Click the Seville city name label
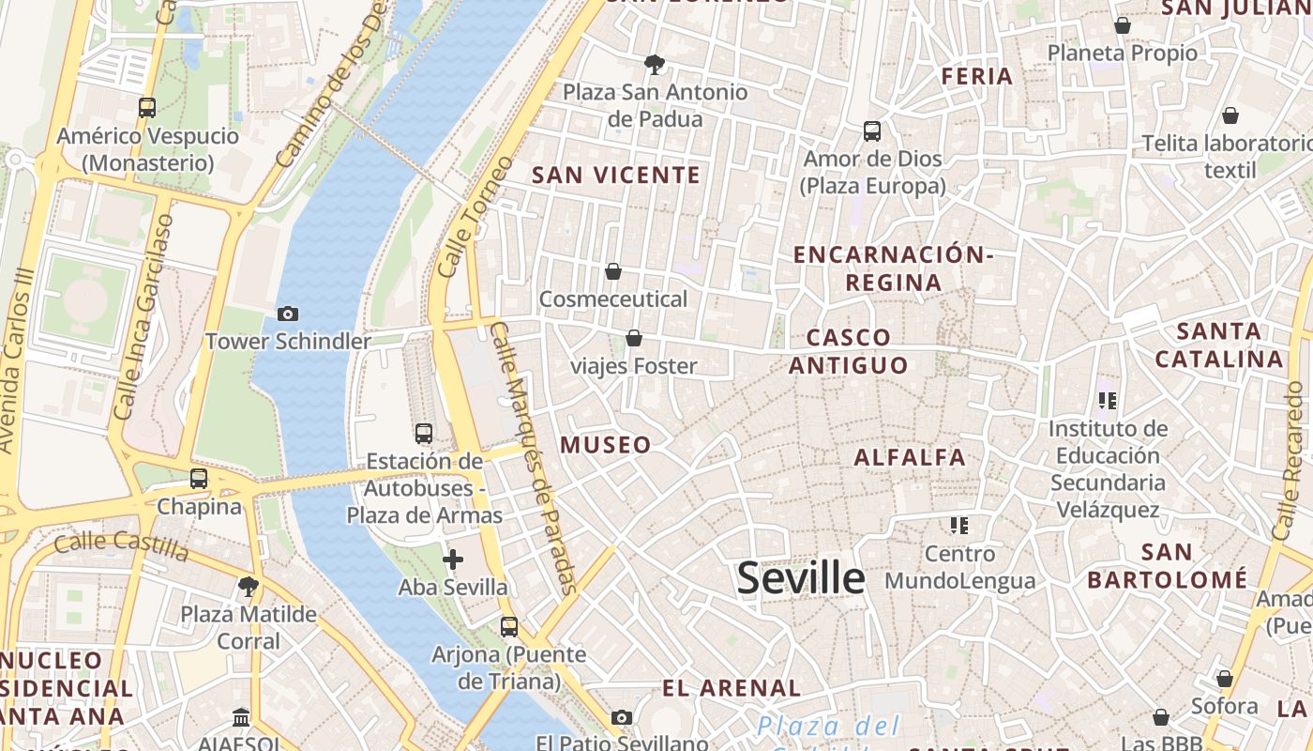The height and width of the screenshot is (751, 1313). pos(800,577)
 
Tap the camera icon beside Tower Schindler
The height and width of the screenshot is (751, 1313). pos(288,314)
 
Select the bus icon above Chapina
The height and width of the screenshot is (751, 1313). pos(199,478)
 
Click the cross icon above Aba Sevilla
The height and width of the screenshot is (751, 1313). pos(453,559)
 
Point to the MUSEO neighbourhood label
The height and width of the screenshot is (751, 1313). pos(606,445)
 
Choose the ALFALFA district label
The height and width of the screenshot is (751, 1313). pos(909,457)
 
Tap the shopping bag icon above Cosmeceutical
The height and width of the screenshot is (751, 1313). pos(613,271)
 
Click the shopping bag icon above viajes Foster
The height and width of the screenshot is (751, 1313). pos(634,338)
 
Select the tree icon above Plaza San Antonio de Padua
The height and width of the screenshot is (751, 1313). pos(655,65)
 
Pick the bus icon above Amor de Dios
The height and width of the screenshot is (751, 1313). pos(872,131)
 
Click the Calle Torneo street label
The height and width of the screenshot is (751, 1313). pos(475,217)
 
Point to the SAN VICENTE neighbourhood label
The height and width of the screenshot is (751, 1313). pos(616,175)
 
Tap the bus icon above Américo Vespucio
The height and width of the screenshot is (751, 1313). pos(147,108)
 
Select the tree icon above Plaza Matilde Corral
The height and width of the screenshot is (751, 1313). pos(249,588)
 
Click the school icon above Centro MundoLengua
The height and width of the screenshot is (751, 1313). pos(958,525)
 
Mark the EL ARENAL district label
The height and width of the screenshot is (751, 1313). pos(732,688)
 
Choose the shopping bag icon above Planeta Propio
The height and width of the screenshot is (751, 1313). pos(1122,25)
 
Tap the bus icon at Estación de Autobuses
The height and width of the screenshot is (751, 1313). pos(424,434)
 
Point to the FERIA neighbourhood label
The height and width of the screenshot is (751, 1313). pos(976,76)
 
